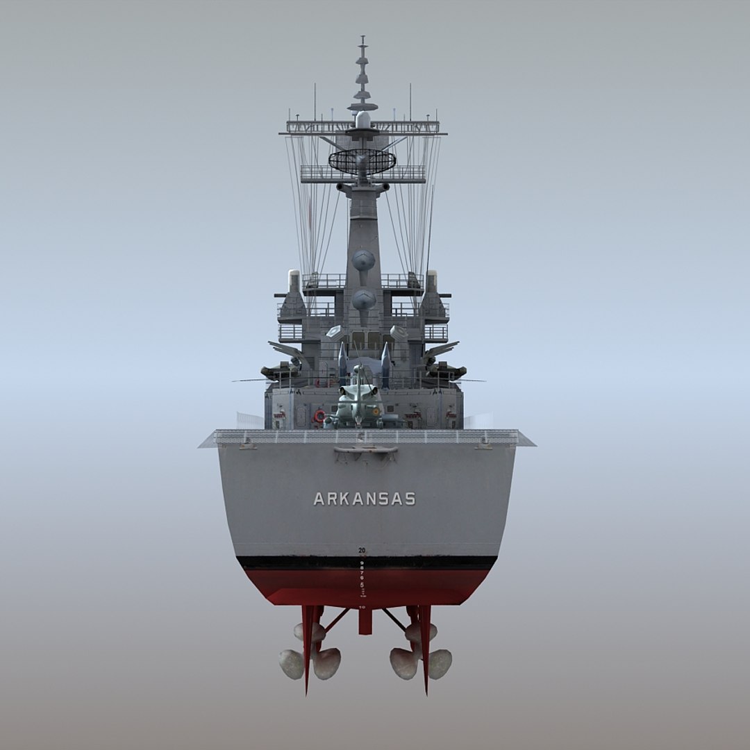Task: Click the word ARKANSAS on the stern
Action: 364,499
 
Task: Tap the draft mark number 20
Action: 362,550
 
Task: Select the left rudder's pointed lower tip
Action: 306,692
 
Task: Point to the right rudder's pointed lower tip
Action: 426,692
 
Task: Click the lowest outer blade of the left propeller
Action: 292,665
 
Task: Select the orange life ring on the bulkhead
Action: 319,415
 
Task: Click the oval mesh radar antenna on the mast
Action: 362,161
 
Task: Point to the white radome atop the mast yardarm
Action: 362,119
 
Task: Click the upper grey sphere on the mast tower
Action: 363,260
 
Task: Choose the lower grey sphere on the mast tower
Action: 363,299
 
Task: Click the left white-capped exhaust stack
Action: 294,280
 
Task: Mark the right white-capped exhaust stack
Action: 431,280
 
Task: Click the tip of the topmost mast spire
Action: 362,38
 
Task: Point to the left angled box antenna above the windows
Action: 334,332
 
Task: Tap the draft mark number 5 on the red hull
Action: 362,584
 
